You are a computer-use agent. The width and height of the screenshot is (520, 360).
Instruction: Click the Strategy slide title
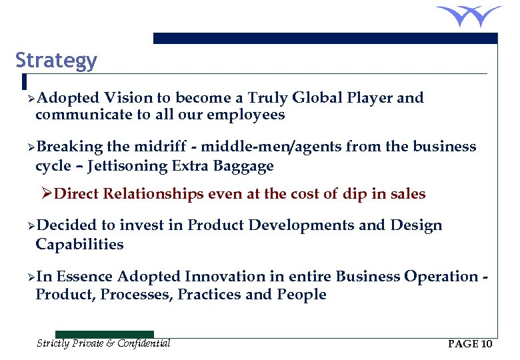pyautogui.click(x=56, y=61)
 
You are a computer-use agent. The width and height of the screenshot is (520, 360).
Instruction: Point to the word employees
pyautogui.click(x=246, y=115)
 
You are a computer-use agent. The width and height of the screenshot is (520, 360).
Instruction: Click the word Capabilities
pyautogui.click(x=79, y=244)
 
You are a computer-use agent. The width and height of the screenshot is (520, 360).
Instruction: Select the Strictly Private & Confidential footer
pyautogui.click(x=103, y=343)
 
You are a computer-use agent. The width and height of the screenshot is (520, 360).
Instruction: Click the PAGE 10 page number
pyautogui.click(x=470, y=344)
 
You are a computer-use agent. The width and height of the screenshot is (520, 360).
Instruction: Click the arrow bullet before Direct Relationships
pyautogui.click(x=47, y=195)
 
